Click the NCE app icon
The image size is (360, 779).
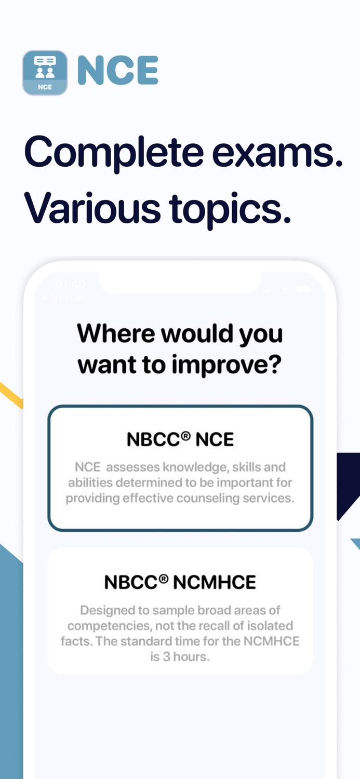click(45, 73)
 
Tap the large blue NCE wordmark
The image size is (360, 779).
click(118, 71)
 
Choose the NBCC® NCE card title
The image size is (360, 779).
click(180, 440)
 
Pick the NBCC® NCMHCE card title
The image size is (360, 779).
click(180, 582)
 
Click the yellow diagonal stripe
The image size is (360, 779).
click(10, 395)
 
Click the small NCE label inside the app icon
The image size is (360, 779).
click(45, 87)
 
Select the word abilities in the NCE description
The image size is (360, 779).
click(90, 482)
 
